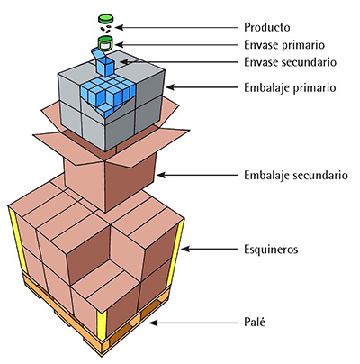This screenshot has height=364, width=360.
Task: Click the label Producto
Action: click(x=267, y=27)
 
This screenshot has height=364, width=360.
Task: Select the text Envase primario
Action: click(x=284, y=45)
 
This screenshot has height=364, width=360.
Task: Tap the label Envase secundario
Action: click(x=290, y=62)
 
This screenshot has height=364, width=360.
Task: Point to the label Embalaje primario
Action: click(x=290, y=88)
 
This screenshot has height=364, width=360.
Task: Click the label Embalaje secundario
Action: click(x=296, y=175)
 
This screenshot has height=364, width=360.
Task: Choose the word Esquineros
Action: click(x=271, y=250)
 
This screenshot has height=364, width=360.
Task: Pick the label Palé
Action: click(x=255, y=323)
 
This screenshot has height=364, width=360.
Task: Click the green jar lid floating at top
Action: click(x=106, y=19)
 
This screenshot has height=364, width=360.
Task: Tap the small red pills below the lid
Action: click(x=105, y=28)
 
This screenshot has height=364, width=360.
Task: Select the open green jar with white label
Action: click(x=105, y=43)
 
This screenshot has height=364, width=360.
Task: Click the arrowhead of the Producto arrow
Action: click(x=119, y=27)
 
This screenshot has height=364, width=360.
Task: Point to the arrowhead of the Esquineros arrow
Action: click(x=184, y=249)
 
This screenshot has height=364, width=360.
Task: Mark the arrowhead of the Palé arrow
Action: click(x=153, y=323)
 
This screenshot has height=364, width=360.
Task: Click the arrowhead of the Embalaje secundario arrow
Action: click(x=161, y=175)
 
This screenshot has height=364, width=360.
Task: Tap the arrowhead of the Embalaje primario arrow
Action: click(x=170, y=87)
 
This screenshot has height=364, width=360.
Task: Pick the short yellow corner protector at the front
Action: click(x=102, y=323)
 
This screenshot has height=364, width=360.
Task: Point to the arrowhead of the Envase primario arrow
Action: click(x=119, y=45)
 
